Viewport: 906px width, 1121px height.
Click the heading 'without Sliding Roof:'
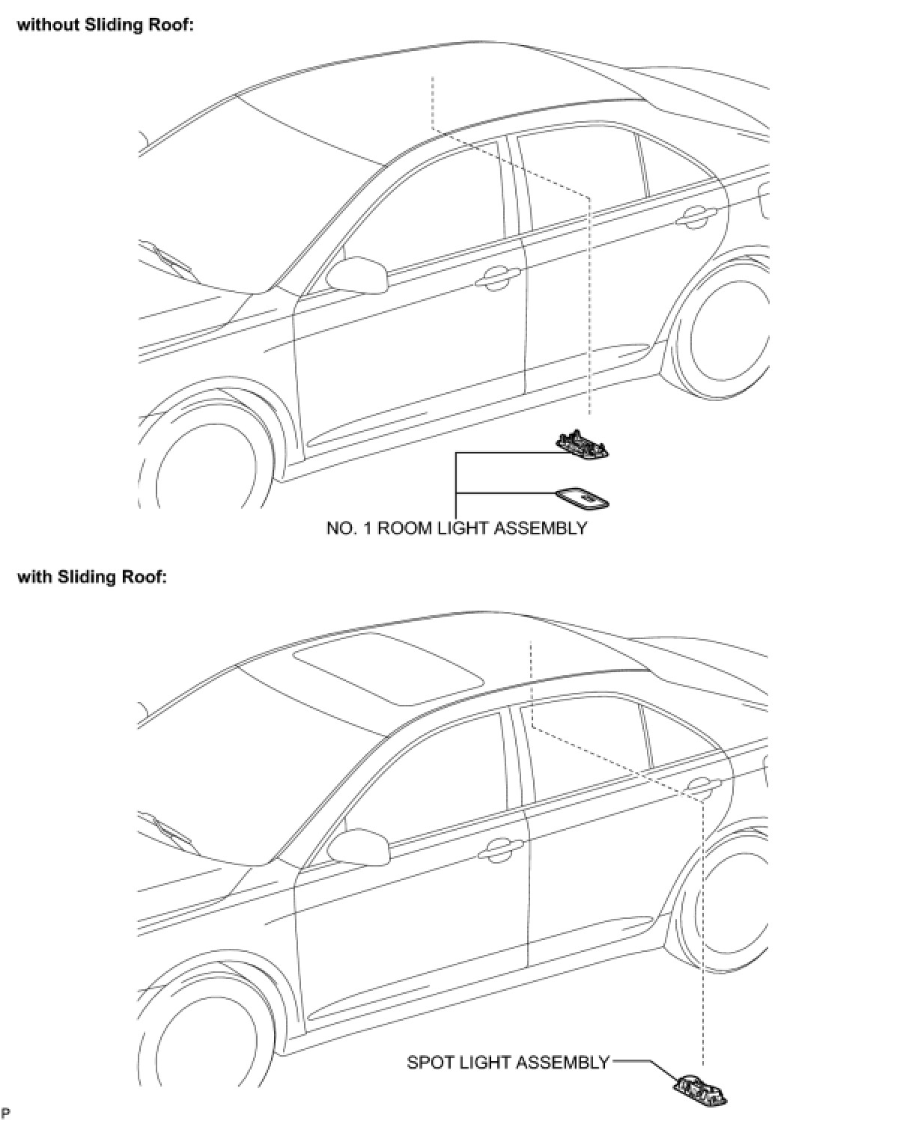106,25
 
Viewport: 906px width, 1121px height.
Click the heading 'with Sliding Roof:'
91,577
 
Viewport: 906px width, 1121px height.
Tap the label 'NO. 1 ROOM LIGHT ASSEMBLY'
457,528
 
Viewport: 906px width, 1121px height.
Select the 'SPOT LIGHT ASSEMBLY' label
508,1063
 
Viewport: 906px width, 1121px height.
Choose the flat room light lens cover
583,498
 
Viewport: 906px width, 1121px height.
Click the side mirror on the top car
359,274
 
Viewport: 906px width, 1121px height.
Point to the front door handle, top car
495,279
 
